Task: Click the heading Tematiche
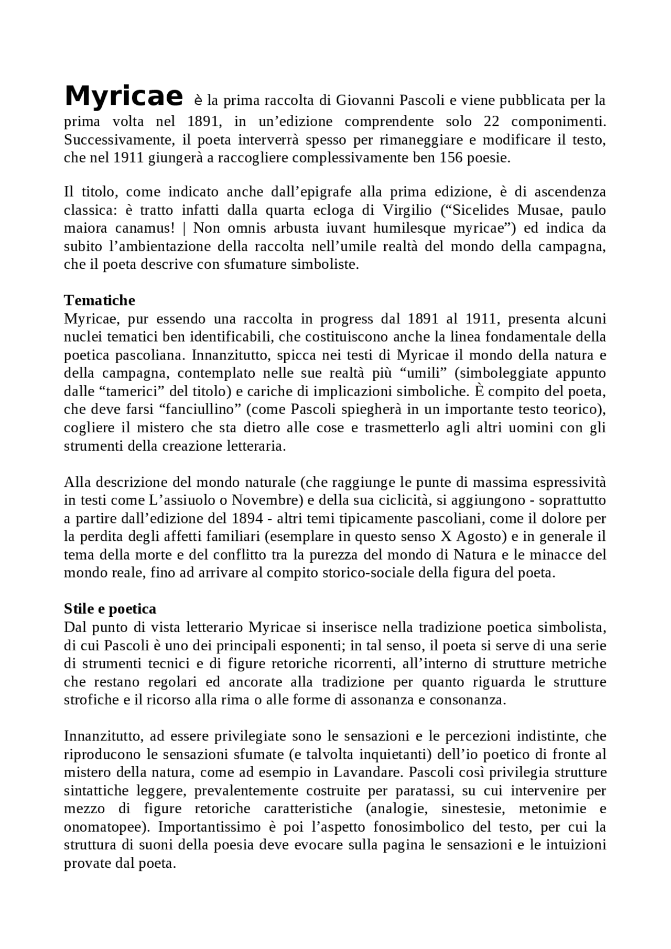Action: tap(99, 300)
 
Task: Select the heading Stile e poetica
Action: tap(110, 609)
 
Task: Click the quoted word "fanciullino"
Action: tap(197, 409)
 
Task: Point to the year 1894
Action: tap(246, 519)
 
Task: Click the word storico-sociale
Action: tap(367, 573)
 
